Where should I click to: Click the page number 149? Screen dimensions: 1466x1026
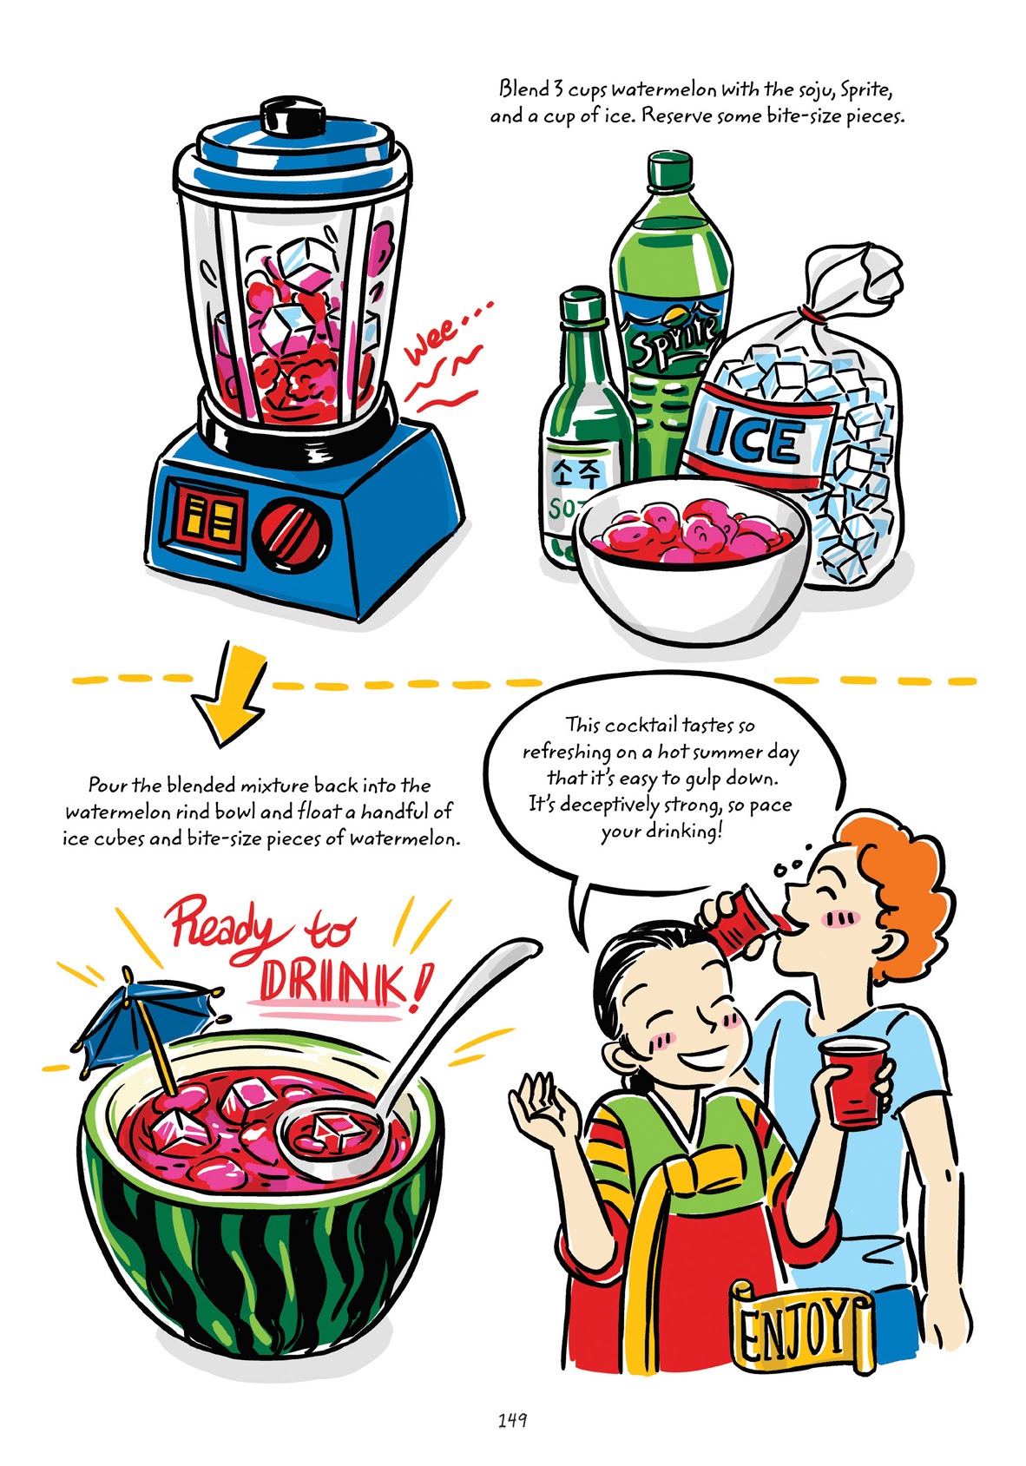tap(512, 1421)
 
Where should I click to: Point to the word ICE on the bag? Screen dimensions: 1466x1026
tap(754, 441)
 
